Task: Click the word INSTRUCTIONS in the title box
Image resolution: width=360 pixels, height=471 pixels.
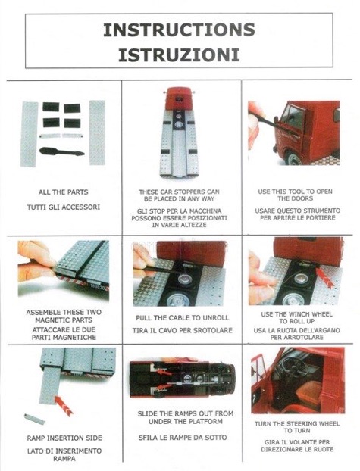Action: pos(179,30)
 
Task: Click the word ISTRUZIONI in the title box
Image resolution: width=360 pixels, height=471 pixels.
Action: pos(179,55)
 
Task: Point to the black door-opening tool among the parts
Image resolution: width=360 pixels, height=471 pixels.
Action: pos(61,151)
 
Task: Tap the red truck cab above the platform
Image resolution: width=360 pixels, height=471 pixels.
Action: pos(180,98)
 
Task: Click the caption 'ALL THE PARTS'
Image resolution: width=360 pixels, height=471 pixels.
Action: pos(63,192)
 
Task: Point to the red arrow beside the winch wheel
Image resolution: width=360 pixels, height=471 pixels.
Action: pos(324,277)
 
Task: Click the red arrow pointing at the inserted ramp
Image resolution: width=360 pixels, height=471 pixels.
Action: pos(64,406)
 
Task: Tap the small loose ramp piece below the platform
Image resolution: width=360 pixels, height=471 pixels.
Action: pos(34,419)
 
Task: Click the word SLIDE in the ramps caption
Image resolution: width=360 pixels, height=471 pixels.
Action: pos(147,413)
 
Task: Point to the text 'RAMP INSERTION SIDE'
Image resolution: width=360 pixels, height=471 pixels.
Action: pos(64,438)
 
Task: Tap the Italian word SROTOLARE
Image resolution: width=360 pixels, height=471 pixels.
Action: pos(213,330)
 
